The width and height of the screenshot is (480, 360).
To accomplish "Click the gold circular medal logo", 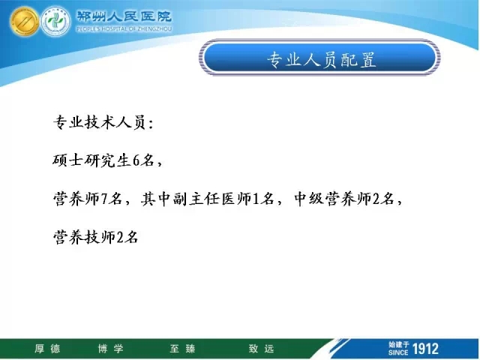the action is [24, 22].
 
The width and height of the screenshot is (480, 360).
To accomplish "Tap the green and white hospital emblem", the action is [55, 22].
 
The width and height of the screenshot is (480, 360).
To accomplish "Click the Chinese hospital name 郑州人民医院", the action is [124, 16].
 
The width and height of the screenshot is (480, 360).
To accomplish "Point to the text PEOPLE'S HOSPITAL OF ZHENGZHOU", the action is [124, 29].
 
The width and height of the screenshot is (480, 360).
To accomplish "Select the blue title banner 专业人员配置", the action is [320, 58].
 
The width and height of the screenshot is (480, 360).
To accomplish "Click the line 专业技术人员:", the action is [103, 122].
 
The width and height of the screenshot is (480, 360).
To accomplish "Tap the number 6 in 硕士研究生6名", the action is [136, 160].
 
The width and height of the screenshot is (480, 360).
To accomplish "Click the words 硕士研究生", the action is [92, 160].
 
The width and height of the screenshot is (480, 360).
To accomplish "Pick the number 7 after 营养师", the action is [104, 199].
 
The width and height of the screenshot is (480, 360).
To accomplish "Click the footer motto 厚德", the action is [47, 348].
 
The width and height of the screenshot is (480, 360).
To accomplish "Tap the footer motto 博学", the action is [111, 348].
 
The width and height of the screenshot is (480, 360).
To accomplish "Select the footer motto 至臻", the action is [182, 348].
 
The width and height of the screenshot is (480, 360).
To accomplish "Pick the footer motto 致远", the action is [261, 348].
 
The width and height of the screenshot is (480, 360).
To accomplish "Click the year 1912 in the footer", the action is [425, 349].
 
